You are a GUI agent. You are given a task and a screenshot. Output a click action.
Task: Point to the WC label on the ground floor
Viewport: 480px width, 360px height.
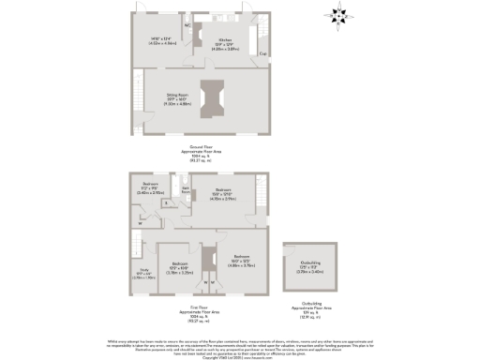pyautogui.click(x=187, y=24)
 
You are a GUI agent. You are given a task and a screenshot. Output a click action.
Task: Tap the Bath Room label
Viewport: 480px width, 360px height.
pyautogui.click(x=187, y=189)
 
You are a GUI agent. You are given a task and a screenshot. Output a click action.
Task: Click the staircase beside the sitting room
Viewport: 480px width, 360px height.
pyautogui.click(x=137, y=93)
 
